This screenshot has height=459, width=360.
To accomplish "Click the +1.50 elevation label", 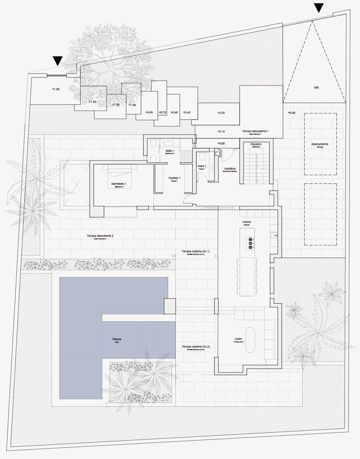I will pyautogui.click(x=55, y=89).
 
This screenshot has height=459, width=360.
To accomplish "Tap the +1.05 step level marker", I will pyautogui.click(x=132, y=105).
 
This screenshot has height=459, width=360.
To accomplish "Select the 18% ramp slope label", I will pyautogui.click(x=316, y=87).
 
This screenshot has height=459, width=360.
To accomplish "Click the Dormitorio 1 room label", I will pyautogui.click(x=119, y=185).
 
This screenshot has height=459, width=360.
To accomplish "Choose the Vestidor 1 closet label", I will pyautogui.click(x=174, y=179).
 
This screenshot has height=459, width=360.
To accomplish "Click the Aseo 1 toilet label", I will pyautogui.click(x=202, y=167).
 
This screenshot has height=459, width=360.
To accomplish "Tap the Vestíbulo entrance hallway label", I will pyautogui.click(x=230, y=169).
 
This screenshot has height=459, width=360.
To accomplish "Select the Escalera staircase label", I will pyautogui.click(x=256, y=145).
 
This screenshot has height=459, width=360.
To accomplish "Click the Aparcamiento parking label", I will pyautogui.click(x=320, y=145).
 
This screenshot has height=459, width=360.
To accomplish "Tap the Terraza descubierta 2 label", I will pyautogui.click(x=100, y=237).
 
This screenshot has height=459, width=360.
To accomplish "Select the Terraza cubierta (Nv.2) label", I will pyautogui.click(x=196, y=347).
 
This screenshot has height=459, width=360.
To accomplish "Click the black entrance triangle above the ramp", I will pyautogui.click(x=318, y=8).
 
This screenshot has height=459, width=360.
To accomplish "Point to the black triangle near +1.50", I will pyautogui.click(x=58, y=60).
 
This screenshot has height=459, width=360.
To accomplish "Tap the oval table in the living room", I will pyautogui.click(x=250, y=340).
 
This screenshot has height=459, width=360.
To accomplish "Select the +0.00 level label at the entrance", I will pyautogui.click(x=221, y=143).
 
